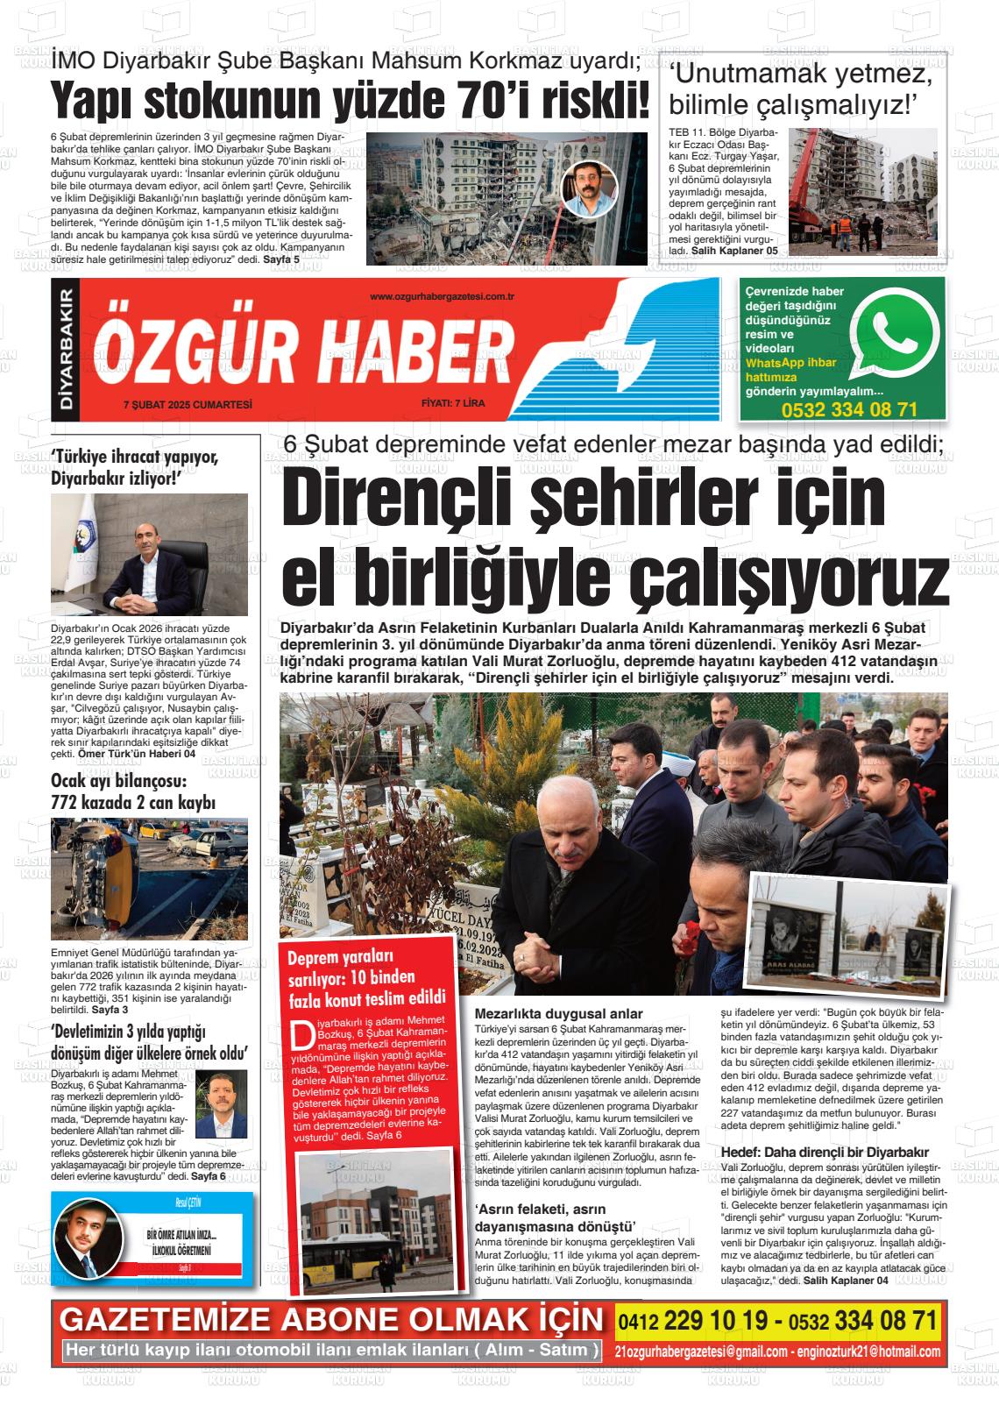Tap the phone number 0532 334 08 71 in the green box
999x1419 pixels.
pyautogui.click(x=848, y=409)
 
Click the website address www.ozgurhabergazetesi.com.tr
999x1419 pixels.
pyautogui.click(x=442, y=297)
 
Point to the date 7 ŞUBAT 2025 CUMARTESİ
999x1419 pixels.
pyautogui.click(x=188, y=404)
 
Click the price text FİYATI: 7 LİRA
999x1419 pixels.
pyautogui.click(x=453, y=404)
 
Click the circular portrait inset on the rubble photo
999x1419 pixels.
pyautogui.click(x=589, y=187)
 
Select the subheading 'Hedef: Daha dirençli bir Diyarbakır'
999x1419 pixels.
pyautogui.click(x=824, y=1152)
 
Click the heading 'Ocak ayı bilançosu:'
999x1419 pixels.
pyautogui.click(x=118, y=780)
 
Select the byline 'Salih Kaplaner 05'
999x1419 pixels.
pyautogui.click(x=734, y=251)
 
